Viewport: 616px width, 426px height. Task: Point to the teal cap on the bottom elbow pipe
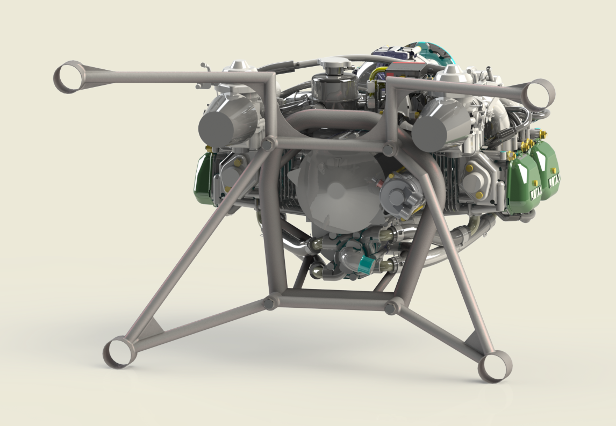click(367, 264)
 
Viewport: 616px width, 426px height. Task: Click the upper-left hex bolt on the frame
click(266, 143)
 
